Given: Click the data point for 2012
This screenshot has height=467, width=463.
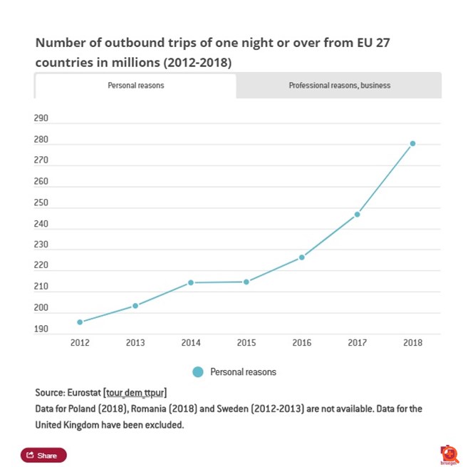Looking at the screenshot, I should click(x=80, y=322).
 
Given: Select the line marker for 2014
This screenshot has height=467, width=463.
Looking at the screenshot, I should click(x=191, y=282).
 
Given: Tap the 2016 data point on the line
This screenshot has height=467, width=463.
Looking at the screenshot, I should click(x=301, y=257).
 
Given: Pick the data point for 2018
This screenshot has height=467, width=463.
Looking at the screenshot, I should click(x=412, y=143).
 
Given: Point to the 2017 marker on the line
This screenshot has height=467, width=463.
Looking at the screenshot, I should click(x=357, y=214).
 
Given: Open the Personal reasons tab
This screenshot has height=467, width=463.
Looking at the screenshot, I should click(x=135, y=86).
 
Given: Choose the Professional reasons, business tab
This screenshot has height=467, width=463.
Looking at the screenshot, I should click(x=339, y=86).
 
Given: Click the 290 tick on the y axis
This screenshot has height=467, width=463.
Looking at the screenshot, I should click(x=41, y=118).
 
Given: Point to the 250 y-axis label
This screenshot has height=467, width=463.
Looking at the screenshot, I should click(x=41, y=203).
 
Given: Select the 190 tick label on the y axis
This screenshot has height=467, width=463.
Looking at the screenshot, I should click(x=41, y=329).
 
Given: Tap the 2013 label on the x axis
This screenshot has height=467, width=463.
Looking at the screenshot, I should click(x=135, y=343).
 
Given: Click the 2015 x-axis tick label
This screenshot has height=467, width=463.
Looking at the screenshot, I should click(x=246, y=343).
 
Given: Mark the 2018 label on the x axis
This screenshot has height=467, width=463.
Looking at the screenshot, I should click(x=412, y=343).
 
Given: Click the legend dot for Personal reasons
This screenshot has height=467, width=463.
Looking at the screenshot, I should click(x=198, y=372).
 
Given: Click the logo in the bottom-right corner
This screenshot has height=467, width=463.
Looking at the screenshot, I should click(x=448, y=455).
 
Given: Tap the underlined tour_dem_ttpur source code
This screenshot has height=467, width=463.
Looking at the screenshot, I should click(x=135, y=393).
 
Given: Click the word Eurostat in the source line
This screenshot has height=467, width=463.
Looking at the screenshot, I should click(x=85, y=393).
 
